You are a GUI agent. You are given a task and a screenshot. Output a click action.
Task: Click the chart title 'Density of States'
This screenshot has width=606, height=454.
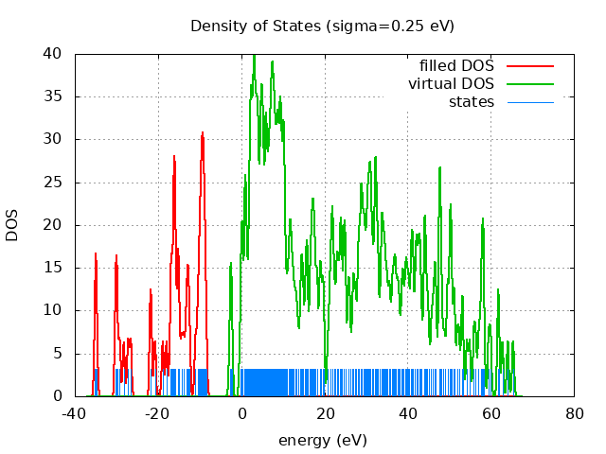click(256, 26)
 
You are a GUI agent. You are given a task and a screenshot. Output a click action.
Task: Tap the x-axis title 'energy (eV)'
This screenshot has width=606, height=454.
click(322, 440)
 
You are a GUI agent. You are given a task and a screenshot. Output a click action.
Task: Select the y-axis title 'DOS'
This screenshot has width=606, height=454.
click(12, 225)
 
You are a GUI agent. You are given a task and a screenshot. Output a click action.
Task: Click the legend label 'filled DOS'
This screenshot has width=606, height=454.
click(456, 65)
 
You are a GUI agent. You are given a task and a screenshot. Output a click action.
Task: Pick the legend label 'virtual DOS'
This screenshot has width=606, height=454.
click(451, 83)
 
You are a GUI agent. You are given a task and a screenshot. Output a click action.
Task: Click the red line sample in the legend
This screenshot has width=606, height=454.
click(529, 65)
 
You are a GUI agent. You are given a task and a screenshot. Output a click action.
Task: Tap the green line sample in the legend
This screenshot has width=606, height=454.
click(529, 83)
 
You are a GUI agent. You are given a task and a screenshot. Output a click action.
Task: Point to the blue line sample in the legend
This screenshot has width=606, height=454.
click(529, 101)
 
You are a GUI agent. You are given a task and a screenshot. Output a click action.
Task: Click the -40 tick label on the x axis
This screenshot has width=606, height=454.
click(74, 413)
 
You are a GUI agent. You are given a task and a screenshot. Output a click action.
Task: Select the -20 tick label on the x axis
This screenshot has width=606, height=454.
click(157, 413)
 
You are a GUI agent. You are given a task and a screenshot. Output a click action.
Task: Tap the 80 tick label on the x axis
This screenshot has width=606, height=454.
click(575, 413)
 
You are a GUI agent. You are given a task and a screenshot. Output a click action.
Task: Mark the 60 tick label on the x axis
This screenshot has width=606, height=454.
click(491, 413)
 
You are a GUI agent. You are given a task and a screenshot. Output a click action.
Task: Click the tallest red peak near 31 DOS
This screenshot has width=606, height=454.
click(203, 133)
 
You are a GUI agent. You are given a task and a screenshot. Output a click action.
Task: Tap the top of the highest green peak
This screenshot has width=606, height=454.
click(254, 56)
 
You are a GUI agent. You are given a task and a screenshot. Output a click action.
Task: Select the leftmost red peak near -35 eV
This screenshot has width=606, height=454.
click(96, 253)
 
